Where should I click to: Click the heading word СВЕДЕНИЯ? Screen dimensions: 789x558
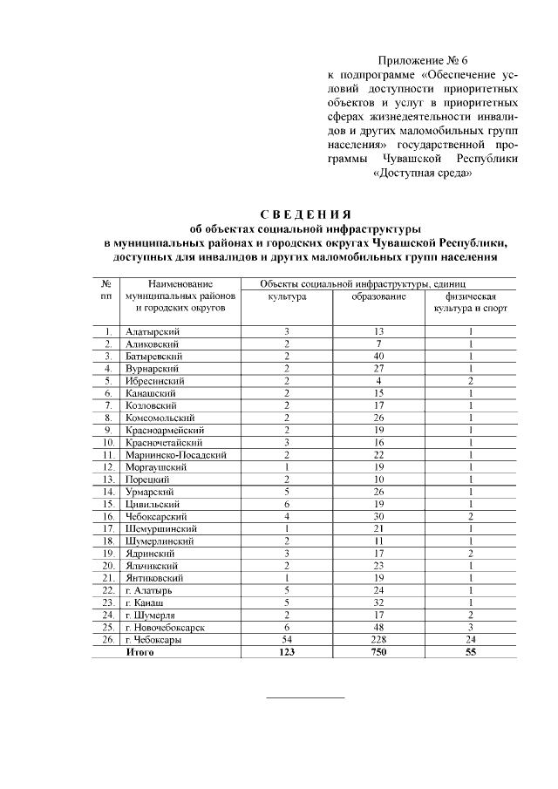305,214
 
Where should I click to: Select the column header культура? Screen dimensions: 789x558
286,296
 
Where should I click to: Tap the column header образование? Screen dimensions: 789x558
379,296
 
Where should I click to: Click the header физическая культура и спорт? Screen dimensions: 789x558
471,303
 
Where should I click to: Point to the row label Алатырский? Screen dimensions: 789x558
153,332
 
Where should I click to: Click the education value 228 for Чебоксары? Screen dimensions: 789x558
379,640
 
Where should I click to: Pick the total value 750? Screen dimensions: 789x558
379,652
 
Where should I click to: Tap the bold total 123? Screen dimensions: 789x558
286,652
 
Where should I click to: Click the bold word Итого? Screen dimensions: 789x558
140,652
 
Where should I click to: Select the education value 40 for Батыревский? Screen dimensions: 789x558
379,357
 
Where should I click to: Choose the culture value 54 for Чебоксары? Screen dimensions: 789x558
286,640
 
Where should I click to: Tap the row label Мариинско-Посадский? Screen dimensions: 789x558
177,455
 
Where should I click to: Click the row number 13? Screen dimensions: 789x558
105,480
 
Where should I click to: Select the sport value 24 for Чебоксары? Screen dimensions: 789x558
471,640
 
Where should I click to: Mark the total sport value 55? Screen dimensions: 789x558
471,652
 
